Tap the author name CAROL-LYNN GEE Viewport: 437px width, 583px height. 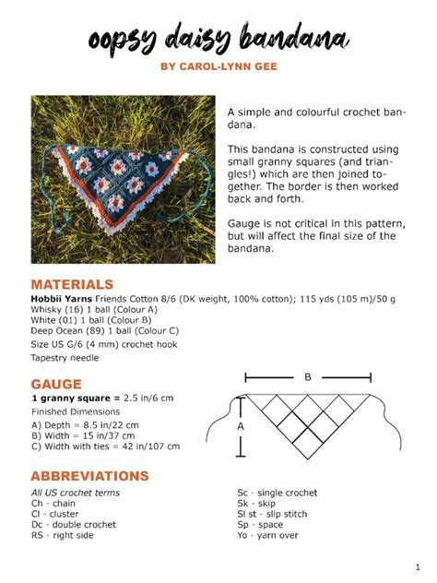point(218,66)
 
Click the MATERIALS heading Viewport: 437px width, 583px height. point(72,284)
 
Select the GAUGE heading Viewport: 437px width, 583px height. point(56,383)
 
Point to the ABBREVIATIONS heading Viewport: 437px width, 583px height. point(89,476)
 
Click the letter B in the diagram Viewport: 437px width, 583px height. point(307,377)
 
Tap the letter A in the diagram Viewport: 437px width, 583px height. point(241,427)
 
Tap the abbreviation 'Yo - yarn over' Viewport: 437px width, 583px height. point(267,535)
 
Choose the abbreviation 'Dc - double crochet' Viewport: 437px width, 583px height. point(74,524)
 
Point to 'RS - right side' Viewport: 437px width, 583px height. point(63,535)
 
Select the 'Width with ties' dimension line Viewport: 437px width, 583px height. point(105,446)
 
